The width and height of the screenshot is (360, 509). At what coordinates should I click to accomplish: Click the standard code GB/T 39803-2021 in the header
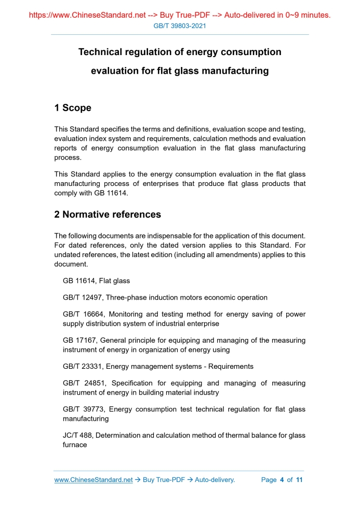180,25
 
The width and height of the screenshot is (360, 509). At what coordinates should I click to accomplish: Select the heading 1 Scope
73,108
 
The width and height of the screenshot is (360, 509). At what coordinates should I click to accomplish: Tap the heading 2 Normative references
108,215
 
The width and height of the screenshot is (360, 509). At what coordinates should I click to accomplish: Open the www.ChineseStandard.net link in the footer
94,480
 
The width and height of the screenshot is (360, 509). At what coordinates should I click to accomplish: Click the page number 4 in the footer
282,480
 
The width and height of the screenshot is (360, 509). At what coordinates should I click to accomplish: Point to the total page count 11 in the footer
299,480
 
